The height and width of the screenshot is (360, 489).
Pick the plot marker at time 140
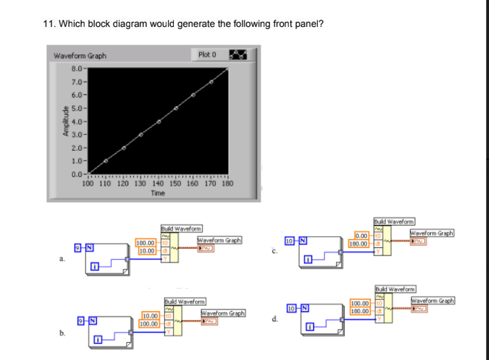click(159, 122)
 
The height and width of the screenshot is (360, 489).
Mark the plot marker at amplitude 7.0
click(211, 82)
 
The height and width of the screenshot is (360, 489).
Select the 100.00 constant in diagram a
click(145, 243)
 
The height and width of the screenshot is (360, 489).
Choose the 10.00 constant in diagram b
click(151, 316)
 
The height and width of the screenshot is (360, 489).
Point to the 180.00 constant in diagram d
click(360, 311)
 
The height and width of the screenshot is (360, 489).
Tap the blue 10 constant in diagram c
click(291, 240)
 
